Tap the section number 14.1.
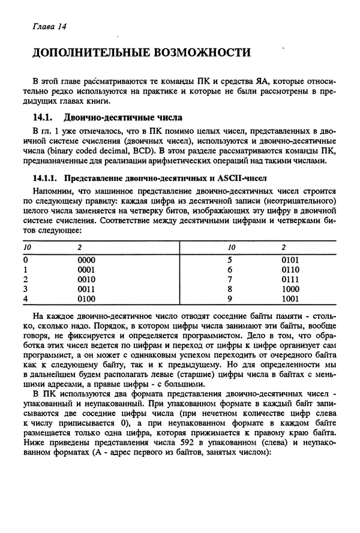(x=43, y=118)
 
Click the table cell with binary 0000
(x=87, y=260)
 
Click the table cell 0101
(x=290, y=260)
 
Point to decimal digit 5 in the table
(x=230, y=260)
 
